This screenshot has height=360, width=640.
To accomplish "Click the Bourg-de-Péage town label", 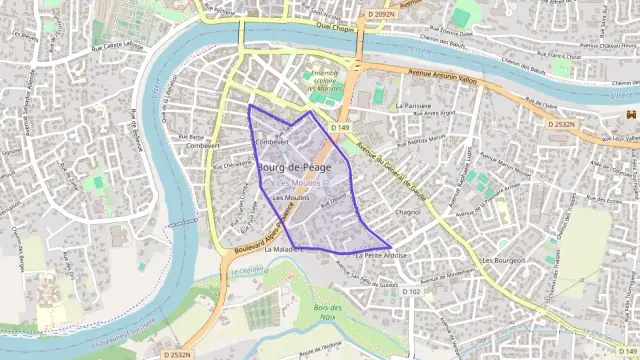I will (x=294, y=167).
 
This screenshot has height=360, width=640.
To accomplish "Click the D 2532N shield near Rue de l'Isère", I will (x=565, y=124).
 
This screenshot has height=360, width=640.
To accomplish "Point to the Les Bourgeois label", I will (x=503, y=261).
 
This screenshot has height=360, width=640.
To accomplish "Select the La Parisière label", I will (x=415, y=104).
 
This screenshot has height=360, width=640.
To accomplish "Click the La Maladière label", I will (x=283, y=250).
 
